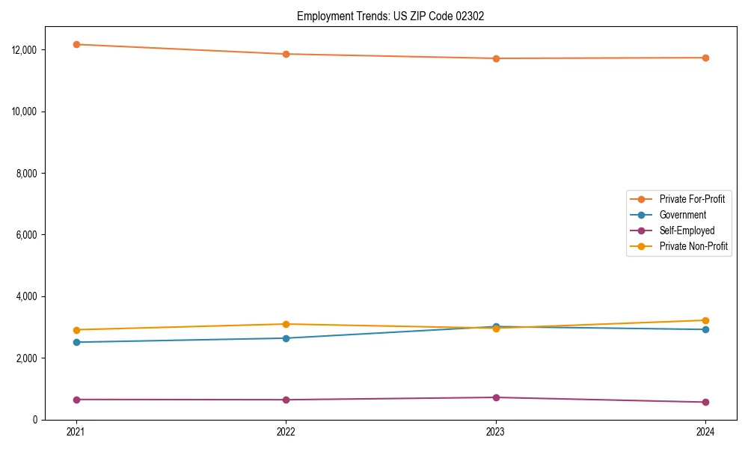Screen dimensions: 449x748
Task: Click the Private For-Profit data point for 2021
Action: pyautogui.click(x=76, y=44)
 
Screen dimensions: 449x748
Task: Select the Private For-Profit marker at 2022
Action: pyautogui.click(x=286, y=54)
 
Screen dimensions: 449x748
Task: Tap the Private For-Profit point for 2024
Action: pyautogui.click(x=705, y=58)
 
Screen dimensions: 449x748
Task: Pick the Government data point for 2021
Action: pyautogui.click(x=76, y=342)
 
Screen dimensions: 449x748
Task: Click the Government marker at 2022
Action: pyautogui.click(x=286, y=338)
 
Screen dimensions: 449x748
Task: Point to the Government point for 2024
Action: pyautogui.click(x=705, y=329)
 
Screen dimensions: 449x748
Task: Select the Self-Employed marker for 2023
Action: pyautogui.click(x=496, y=397)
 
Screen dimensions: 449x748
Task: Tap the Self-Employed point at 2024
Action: pyautogui.click(x=705, y=402)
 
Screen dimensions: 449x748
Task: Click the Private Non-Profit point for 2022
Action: pyautogui.click(x=286, y=324)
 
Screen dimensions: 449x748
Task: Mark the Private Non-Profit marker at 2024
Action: pyautogui.click(x=705, y=320)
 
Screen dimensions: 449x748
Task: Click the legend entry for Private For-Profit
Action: pyautogui.click(x=691, y=199)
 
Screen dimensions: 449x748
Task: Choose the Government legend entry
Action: pyautogui.click(x=682, y=215)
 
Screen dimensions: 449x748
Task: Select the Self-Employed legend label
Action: pyautogui.click(x=687, y=230)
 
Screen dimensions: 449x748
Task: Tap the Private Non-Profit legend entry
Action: pyautogui.click(x=693, y=246)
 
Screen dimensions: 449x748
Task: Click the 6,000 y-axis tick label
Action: pyautogui.click(x=29, y=235)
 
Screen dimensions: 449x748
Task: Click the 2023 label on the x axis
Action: pyautogui.click(x=496, y=432)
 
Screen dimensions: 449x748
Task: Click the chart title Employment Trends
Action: pyautogui.click(x=390, y=16)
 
